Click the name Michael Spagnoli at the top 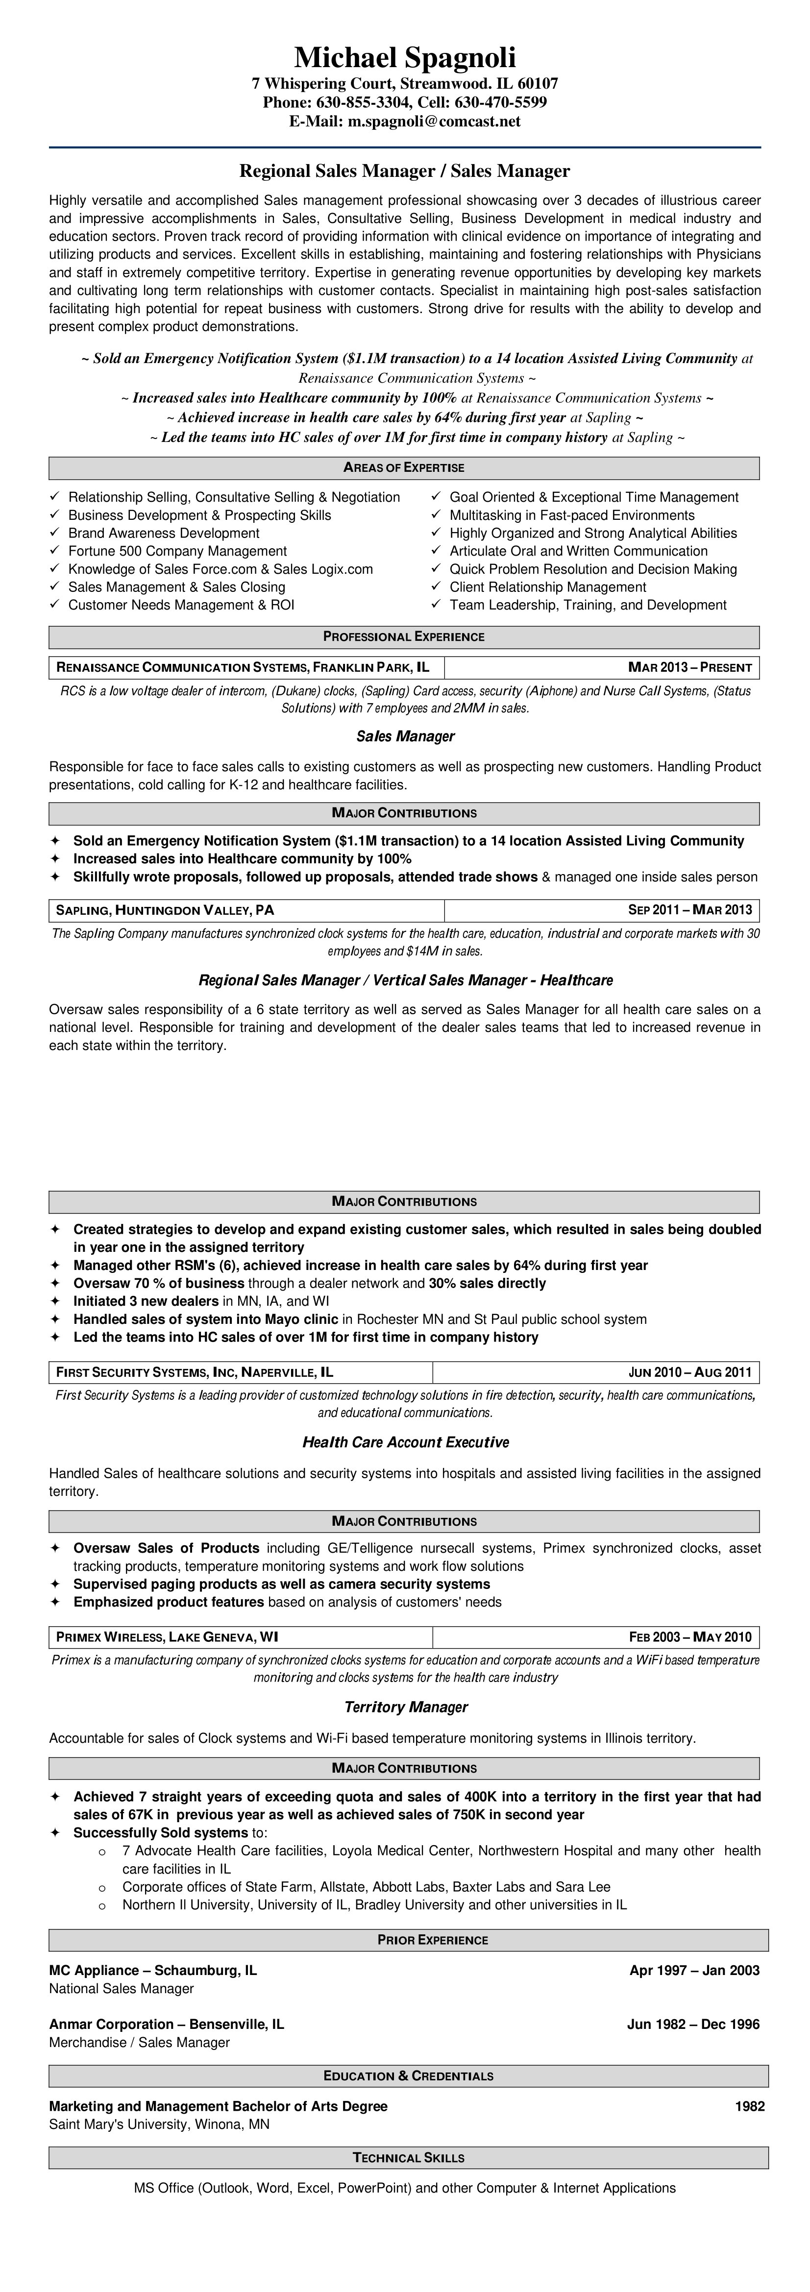pyautogui.click(x=405, y=58)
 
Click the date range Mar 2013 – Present pyautogui.click(x=690, y=667)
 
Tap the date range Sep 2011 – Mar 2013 pyautogui.click(x=690, y=910)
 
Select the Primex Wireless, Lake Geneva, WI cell pyautogui.click(x=167, y=1637)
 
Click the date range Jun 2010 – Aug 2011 pyautogui.click(x=690, y=1372)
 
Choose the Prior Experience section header pyautogui.click(x=433, y=1940)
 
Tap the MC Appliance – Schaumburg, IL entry pyautogui.click(x=153, y=1971)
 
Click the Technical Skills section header pyautogui.click(x=409, y=2158)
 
